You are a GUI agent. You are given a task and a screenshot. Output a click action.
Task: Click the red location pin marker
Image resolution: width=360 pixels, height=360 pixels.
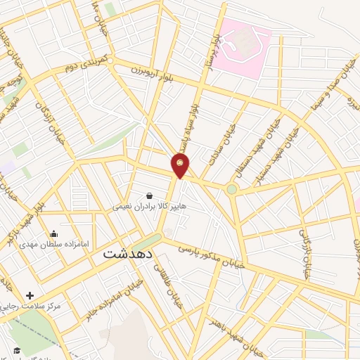click(181, 165)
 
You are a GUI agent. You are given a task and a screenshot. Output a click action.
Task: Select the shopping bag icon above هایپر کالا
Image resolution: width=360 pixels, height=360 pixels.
click(149, 195)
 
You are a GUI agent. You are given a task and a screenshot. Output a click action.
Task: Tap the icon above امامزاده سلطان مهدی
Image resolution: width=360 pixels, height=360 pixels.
click(54, 234)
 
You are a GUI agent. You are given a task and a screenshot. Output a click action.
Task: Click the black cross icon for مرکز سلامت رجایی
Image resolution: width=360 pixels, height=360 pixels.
click(30, 295)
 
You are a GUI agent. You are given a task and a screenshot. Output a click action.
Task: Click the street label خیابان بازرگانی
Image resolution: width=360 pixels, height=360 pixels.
click(304, 252)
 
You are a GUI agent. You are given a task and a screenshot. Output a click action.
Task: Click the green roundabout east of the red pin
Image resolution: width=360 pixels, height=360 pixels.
click(231, 188)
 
